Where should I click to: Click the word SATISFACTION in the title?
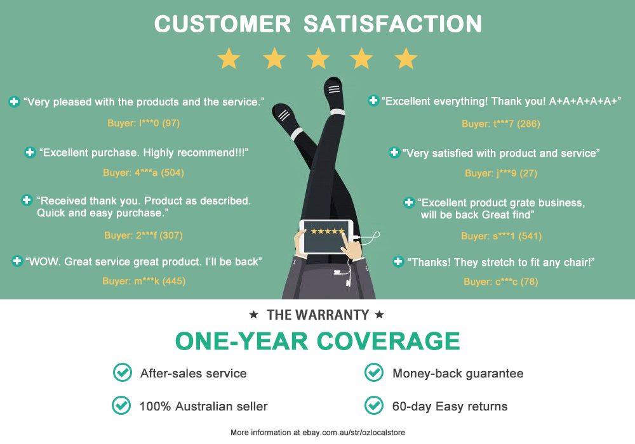tap(392, 24)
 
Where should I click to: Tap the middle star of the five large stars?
tap(318, 58)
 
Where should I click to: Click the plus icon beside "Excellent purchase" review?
tap(30, 152)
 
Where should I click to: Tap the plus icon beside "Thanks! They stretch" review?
tap(399, 261)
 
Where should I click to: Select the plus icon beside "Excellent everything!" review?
tap(373, 100)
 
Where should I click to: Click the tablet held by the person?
tap(326, 237)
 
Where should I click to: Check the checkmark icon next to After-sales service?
tap(123, 372)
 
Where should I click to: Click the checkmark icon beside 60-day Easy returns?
tap(374, 405)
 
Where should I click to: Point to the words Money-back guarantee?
tap(458, 373)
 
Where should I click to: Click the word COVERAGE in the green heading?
tap(388, 341)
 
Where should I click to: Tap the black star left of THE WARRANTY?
tap(253, 315)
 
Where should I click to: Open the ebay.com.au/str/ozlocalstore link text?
tap(354, 433)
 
